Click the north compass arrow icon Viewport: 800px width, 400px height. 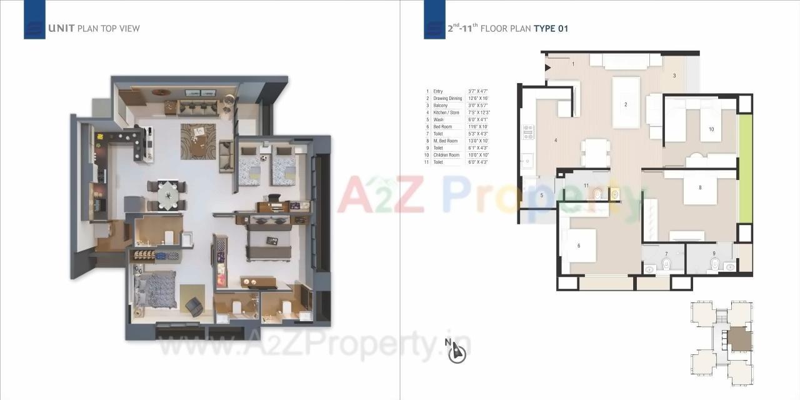458,353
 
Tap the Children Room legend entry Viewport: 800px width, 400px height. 446,155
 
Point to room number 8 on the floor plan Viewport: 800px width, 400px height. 700,187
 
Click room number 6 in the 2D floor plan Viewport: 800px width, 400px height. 579,246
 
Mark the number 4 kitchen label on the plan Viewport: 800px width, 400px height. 556,141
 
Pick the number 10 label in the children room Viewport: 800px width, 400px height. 711,129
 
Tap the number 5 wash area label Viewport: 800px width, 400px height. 542,196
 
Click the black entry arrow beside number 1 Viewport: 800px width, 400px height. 548,67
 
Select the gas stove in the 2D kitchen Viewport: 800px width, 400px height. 528,131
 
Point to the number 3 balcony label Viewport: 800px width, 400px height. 674,76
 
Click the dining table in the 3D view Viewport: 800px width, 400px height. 166,196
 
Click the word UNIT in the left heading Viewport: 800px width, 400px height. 61,28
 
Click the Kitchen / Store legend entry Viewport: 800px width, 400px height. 446,112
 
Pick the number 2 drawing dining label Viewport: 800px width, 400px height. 626,104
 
